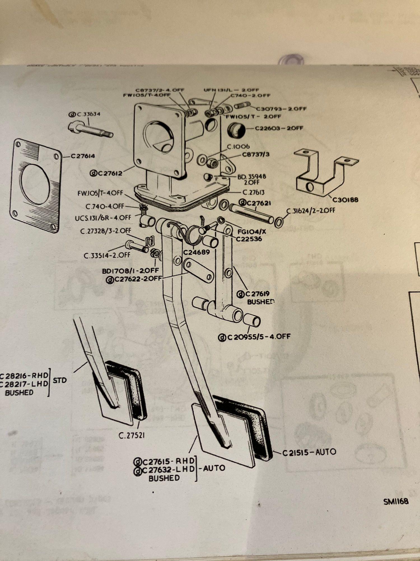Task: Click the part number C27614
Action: (x=83, y=156)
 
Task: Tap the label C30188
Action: (x=345, y=200)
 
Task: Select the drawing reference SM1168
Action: (x=396, y=501)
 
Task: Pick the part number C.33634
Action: (x=85, y=114)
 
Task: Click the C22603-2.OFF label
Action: (x=279, y=128)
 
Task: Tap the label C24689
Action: (x=196, y=252)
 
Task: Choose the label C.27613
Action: (x=253, y=193)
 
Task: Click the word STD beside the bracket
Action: (x=60, y=380)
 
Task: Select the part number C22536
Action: (x=249, y=239)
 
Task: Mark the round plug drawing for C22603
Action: (x=236, y=130)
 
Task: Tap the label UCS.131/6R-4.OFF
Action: (x=103, y=218)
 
